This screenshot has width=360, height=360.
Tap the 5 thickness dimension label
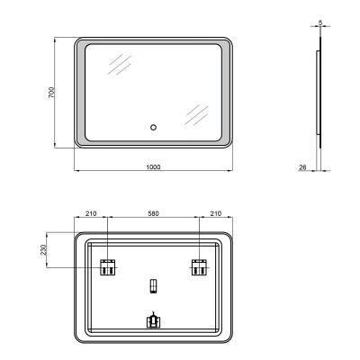319,25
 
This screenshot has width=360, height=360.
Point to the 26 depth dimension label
303,166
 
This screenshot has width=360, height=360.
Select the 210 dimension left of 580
90,215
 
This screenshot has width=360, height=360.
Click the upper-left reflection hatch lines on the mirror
117,65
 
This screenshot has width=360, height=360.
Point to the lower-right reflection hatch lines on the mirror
195,114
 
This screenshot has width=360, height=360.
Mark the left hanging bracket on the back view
107,266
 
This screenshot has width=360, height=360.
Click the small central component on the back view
152,287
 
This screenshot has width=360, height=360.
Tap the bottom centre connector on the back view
152,319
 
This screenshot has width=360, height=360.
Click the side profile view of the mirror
319,94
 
